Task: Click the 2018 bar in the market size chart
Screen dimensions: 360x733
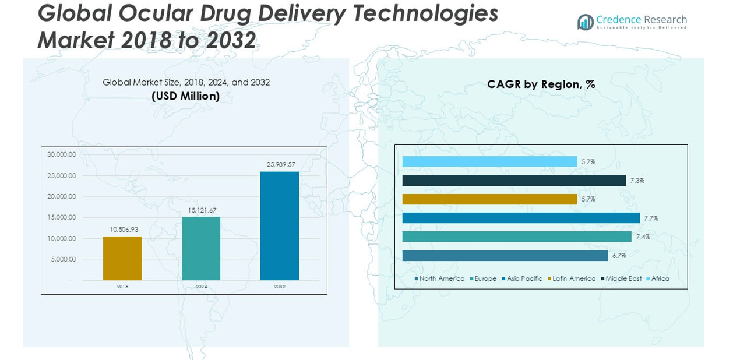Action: pyautogui.click(x=122, y=258)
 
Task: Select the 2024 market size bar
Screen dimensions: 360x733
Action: pyautogui.click(x=201, y=248)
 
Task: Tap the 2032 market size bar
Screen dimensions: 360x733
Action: pyautogui.click(x=280, y=225)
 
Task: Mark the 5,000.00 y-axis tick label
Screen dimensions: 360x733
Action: pyautogui.click(x=63, y=259)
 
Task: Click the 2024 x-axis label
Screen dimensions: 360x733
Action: pyautogui.click(x=201, y=287)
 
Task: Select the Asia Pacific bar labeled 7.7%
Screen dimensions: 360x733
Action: pyautogui.click(x=521, y=218)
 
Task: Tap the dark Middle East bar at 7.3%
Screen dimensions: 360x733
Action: pyautogui.click(x=514, y=181)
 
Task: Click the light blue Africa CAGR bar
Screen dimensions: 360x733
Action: pyautogui.click(x=489, y=161)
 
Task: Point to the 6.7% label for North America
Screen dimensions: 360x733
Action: pyautogui.click(x=619, y=256)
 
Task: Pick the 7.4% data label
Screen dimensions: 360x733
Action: pyautogui.click(x=643, y=237)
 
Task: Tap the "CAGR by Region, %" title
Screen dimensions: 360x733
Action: pyautogui.click(x=541, y=84)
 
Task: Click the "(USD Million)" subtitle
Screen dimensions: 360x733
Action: pyautogui.click(x=185, y=96)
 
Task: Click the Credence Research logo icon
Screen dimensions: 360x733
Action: pyautogui.click(x=585, y=22)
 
